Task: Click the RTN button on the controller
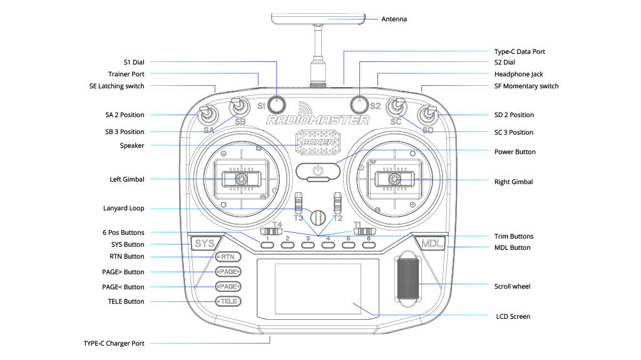228,257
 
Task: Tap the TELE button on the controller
228,302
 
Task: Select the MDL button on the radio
431,244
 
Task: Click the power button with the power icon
318,170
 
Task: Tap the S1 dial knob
277,103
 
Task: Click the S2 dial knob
359,102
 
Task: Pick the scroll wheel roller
407,282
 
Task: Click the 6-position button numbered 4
327,245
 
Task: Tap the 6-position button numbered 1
267,245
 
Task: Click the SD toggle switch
429,115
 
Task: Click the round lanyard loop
319,217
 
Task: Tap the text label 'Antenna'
394,19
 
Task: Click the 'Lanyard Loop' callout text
123,208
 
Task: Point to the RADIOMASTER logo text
318,120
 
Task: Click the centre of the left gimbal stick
239,179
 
